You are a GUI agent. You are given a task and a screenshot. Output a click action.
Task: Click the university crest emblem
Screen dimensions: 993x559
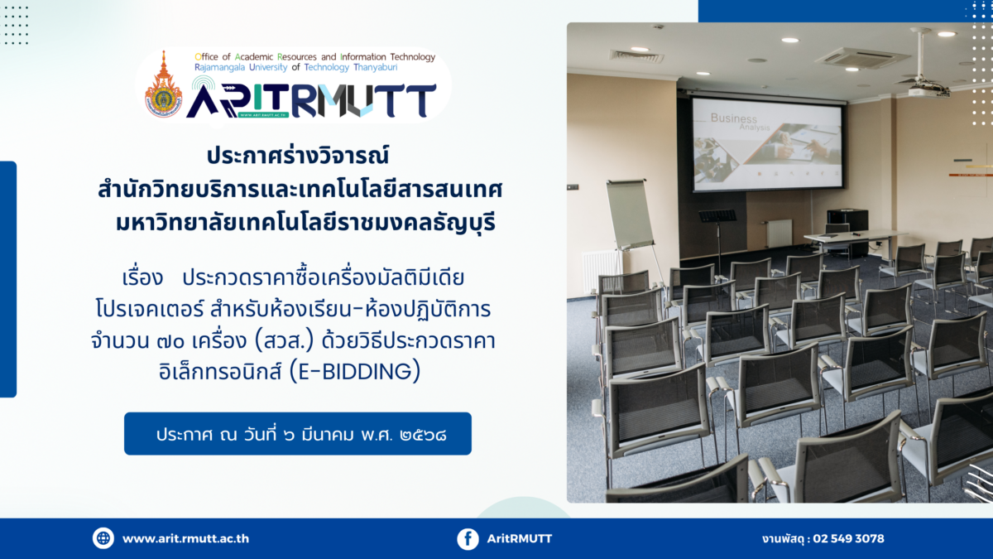tap(164, 85)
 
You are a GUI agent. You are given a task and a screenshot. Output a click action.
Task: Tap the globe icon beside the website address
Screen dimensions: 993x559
tap(103, 538)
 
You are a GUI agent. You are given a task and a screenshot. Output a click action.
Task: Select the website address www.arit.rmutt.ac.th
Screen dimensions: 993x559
tap(185, 538)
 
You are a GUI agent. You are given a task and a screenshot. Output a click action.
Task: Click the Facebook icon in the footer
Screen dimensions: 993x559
tap(468, 539)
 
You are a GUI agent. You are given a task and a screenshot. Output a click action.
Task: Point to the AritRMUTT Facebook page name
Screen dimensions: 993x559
tap(520, 538)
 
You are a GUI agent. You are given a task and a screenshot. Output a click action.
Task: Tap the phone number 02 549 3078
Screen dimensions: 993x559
tap(848, 538)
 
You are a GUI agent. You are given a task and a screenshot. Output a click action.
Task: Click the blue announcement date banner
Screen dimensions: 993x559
tap(297, 433)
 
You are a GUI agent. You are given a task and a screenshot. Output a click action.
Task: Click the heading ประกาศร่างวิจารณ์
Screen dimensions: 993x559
tap(298, 156)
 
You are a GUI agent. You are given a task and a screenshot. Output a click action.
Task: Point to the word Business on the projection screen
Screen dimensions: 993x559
tap(734, 118)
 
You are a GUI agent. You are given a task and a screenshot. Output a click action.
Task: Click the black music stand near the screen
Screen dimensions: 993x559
tap(717, 231)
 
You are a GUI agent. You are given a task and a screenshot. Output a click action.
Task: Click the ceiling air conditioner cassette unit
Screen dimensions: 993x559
tap(862, 58)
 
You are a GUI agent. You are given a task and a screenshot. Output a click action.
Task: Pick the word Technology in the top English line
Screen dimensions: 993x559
tap(412, 57)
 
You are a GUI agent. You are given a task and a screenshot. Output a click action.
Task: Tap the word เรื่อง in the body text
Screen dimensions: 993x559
tap(142, 278)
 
